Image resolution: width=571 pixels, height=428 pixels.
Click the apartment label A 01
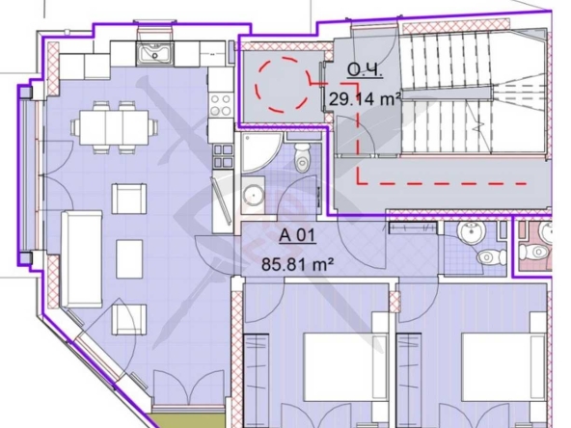(297, 235)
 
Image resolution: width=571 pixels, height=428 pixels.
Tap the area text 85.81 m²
(298, 264)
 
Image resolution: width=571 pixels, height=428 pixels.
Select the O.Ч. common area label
(365, 69)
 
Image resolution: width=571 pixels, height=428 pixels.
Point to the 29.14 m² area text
(365, 99)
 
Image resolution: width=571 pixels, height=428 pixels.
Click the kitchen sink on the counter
(155, 53)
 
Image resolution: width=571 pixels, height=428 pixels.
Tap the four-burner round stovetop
(221, 104)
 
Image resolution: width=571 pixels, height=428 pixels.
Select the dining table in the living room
(115, 127)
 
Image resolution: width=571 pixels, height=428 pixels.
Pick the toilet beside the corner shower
(302, 157)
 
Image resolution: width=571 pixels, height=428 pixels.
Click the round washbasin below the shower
(254, 195)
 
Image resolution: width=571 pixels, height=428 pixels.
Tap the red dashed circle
(283, 84)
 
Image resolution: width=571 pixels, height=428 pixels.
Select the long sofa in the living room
(82, 259)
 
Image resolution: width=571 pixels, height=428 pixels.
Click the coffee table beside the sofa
(129, 259)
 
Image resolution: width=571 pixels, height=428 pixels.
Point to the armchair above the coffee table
(129, 199)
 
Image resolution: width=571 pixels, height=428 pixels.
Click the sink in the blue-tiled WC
(471, 230)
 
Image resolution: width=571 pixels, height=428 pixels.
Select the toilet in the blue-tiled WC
(491, 257)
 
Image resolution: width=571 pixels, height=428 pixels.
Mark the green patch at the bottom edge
(187, 420)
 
